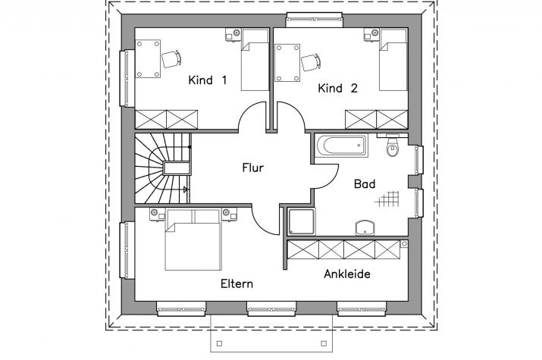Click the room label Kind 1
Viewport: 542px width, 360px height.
(x=208, y=80)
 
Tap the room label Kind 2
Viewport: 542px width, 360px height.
(x=338, y=89)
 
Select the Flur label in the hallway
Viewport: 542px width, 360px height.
(x=252, y=168)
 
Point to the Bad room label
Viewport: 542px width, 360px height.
(x=365, y=184)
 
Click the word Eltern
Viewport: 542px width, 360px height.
(x=237, y=284)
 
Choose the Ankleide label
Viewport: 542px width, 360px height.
(x=347, y=274)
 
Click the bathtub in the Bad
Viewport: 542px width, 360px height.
(x=341, y=146)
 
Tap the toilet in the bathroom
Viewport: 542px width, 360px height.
(x=392, y=146)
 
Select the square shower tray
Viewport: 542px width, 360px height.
(x=301, y=221)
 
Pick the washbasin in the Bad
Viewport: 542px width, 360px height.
(x=365, y=227)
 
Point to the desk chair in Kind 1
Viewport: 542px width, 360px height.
(x=171, y=59)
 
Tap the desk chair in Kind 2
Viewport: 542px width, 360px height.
(x=311, y=63)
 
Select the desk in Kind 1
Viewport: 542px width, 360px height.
(x=148, y=58)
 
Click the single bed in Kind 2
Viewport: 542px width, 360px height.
(x=393, y=60)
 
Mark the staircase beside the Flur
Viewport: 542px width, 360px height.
(x=162, y=168)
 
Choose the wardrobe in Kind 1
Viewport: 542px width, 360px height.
(x=166, y=120)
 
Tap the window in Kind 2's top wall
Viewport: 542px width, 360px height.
(x=314, y=20)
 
